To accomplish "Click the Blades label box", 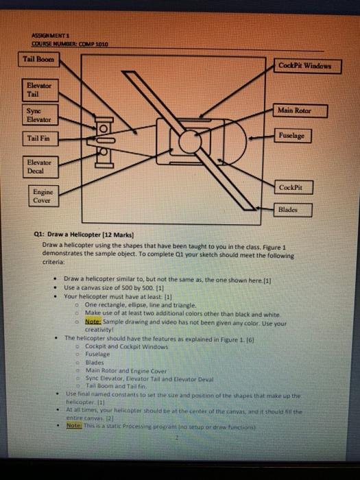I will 294,211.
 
